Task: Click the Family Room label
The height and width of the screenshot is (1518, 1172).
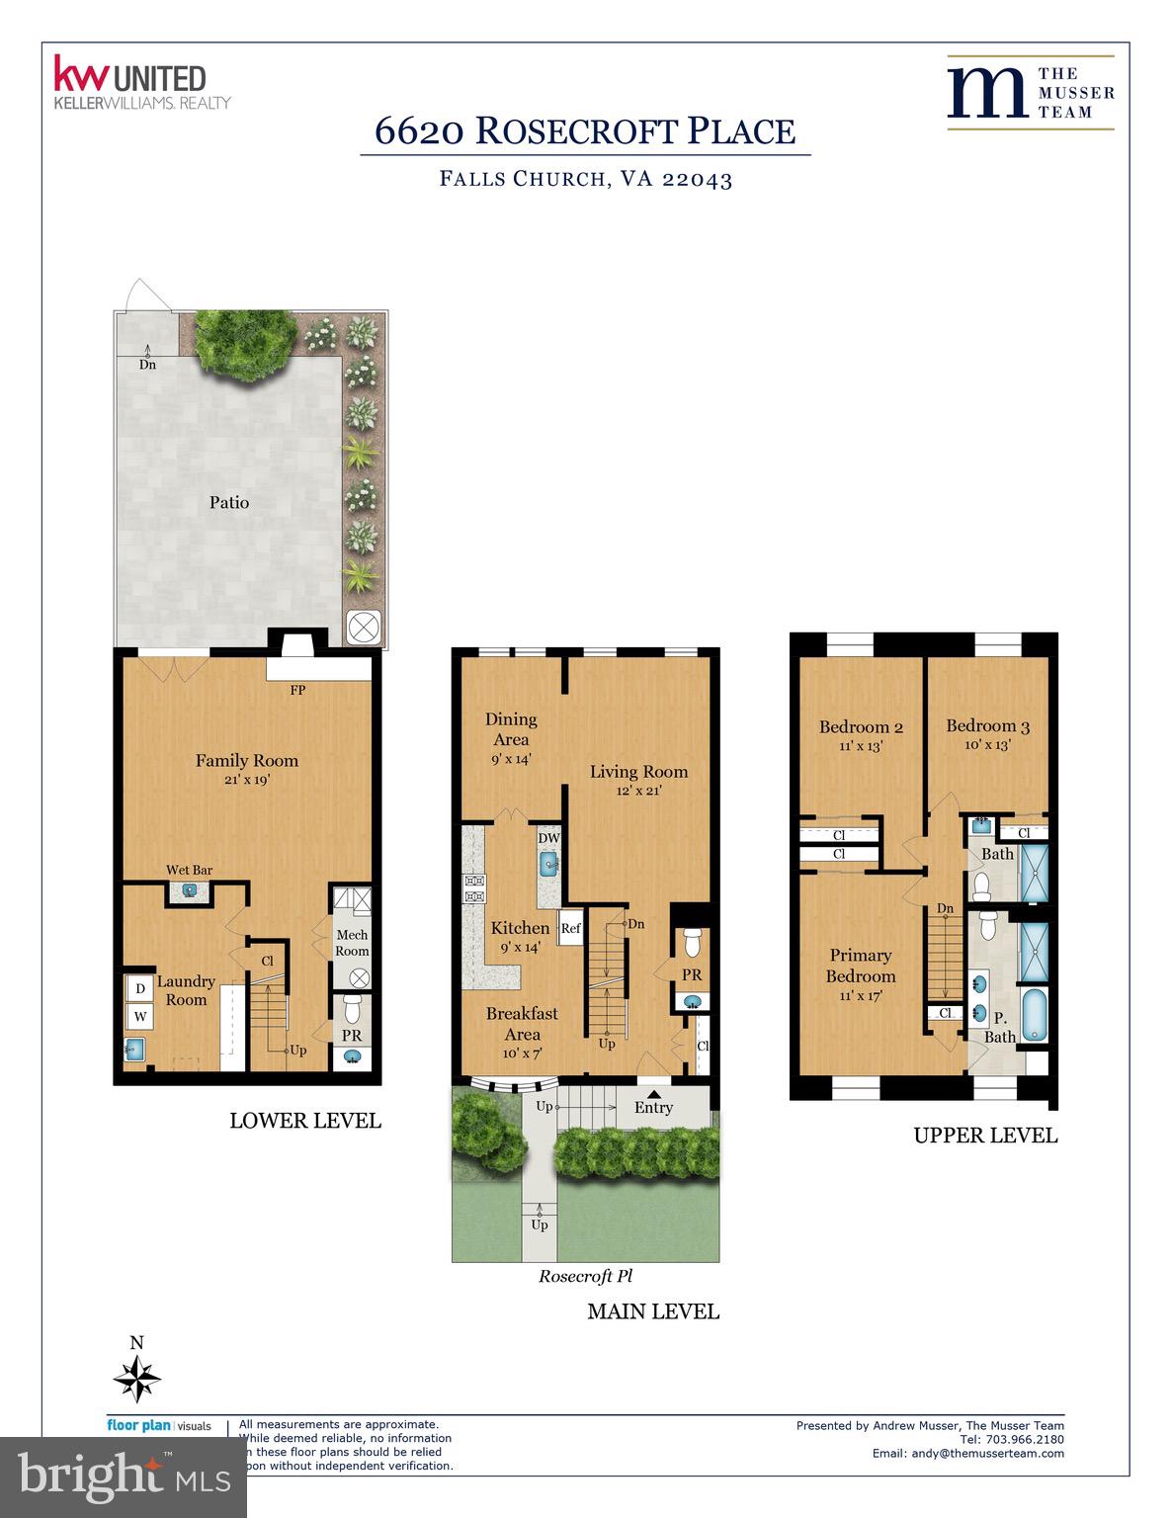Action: point(246,760)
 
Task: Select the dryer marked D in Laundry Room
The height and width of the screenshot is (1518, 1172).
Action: point(139,987)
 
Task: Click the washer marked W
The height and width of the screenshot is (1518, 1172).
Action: point(139,1016)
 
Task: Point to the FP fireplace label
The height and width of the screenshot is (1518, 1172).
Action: point(296,690)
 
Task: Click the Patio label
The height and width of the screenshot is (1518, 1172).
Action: point(228,502)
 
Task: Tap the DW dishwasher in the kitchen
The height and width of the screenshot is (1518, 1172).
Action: point(548,838)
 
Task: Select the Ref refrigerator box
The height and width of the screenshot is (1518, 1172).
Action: point(570,928)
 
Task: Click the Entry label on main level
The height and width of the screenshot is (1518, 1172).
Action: point(653,1107)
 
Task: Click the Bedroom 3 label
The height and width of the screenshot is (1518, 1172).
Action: point(987,726)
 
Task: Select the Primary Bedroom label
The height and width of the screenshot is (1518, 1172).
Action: point(860,966)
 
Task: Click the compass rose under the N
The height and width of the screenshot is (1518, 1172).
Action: point(137,1377)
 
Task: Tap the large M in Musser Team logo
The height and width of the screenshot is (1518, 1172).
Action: point(985,92)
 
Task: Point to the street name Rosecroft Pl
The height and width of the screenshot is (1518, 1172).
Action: point(585,1276)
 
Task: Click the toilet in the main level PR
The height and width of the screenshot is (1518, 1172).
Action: point(692,942)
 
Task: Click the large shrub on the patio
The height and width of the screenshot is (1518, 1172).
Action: point(242,341)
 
